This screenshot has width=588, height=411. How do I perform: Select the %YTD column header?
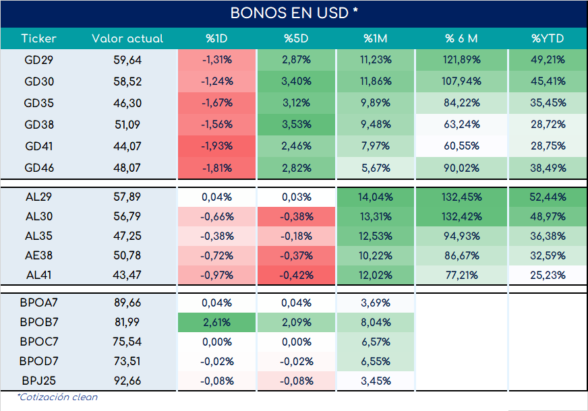pos(548,38)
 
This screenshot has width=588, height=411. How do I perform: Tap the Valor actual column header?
pos(127,38)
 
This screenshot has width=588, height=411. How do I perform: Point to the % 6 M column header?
pos(461,38)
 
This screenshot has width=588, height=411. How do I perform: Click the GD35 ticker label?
pos(38,103)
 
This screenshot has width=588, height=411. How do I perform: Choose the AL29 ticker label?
pos(38,197)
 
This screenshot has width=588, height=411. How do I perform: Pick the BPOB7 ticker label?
pos(38,322)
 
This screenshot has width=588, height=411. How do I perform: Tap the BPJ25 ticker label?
pos(38,381)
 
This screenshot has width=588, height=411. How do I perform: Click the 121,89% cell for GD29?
pos(462,59)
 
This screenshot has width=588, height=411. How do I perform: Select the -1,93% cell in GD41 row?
pos(216,146)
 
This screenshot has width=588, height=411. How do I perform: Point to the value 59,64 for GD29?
pos(127,60)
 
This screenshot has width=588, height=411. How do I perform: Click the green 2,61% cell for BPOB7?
pos(216,322)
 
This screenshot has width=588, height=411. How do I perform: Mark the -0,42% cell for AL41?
pos(296,275)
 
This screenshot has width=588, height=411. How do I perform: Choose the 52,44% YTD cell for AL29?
pos(548,197)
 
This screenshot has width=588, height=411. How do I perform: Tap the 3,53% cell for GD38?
pos(296,125)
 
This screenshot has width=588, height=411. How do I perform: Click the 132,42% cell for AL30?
pos(462,216)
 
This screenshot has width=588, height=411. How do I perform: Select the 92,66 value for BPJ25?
pos(127,381)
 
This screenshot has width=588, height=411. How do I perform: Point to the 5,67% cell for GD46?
pos(376,168)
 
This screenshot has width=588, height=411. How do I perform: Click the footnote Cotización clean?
pos(57,397)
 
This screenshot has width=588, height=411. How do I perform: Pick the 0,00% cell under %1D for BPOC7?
pos(216,342)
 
